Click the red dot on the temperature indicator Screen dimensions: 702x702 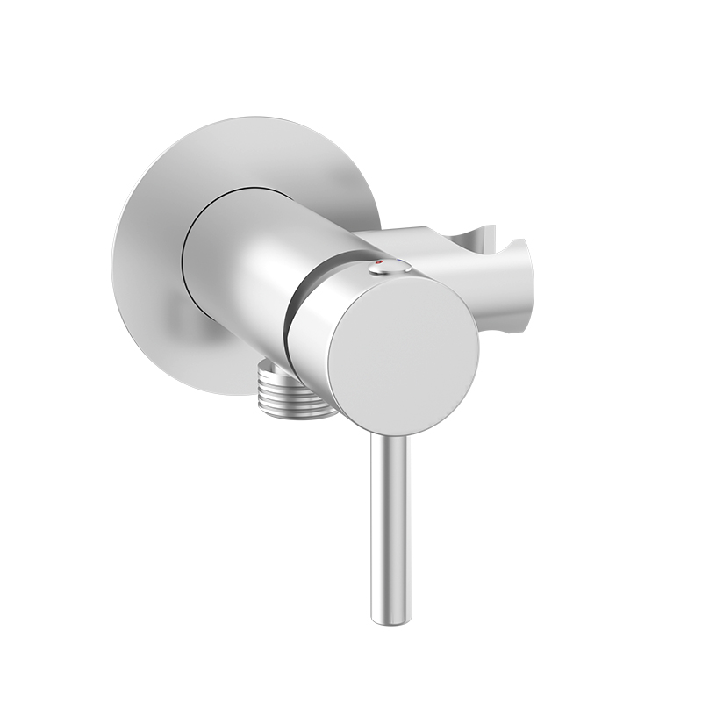379,262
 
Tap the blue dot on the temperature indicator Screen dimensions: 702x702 400,262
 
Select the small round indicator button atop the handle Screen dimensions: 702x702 390,267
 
